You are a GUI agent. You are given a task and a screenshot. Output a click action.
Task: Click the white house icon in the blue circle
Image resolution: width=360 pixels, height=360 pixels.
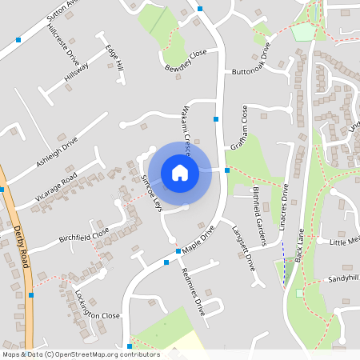tap(180, 172)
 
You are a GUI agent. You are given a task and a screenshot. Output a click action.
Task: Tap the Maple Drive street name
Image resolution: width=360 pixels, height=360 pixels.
tap(198, 240)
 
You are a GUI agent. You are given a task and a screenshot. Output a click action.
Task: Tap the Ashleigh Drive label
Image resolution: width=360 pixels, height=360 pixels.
tap(57, 151)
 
